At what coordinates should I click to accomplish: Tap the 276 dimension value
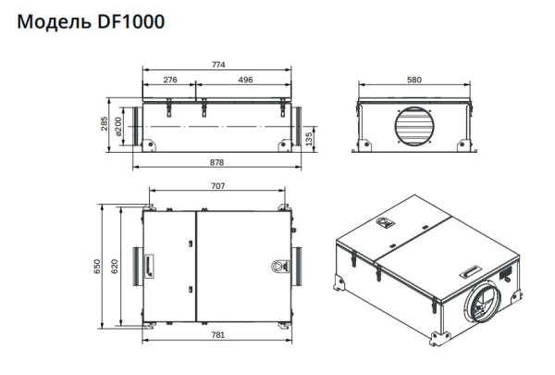pyautogui.click(x=170, y=81)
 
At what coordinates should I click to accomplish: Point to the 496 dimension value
pyautogui.click(x=245, y=81)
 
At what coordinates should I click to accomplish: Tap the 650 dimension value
pyautogui.click(x=97, y=267)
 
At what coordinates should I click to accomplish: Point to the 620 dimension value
pyautogui.click(x=117, y=267)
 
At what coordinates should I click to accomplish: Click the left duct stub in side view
pyautogui.click(x=136, y=124)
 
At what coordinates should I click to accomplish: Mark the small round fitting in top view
pyautogui.click(x=277, y=266)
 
